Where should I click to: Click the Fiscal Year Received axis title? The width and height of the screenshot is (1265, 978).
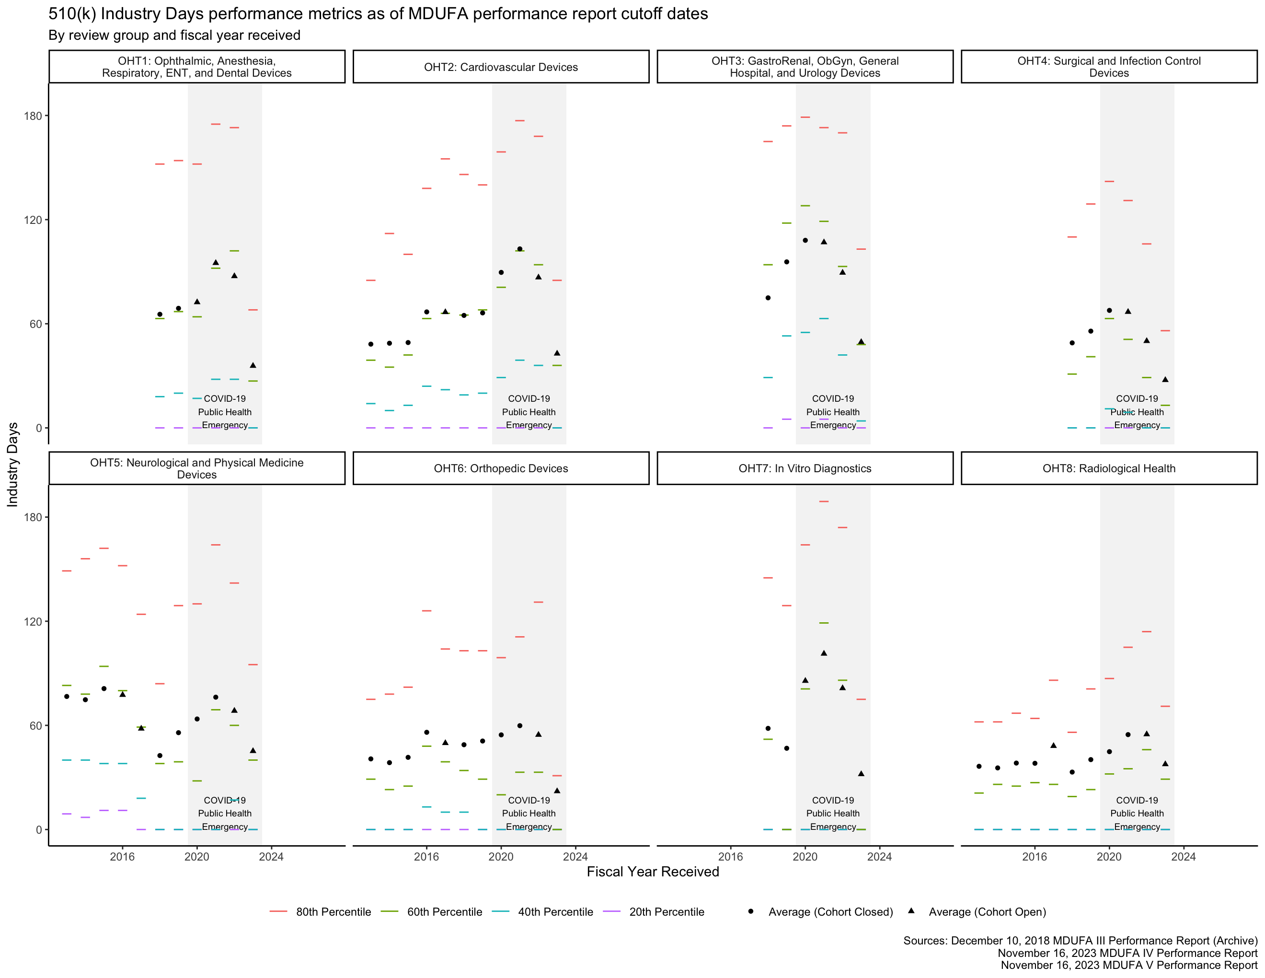pyautogui.click(x=653, y=872)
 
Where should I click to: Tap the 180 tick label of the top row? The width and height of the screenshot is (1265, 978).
pyautogui.click(x=33, y=116)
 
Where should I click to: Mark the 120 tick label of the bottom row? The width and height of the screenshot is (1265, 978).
pyautogui.click(x=33, y=621)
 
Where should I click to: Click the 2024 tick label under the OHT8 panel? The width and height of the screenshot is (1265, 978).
pyautogui.click(x=1184, y=856)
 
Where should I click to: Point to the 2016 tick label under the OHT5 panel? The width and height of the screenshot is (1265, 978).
pyautogui.click(x=122, y=856)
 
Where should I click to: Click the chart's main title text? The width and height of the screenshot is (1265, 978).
pyautogui.click(x=378, y=14)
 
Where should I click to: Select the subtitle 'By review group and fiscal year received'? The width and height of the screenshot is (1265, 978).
pyautogui.click(x=174, y=35)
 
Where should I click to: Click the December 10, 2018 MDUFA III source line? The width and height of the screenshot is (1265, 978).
pyautogui.click(x=1080, y=940)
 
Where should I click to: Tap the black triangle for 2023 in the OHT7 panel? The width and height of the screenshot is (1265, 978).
pyautogui.click(x=861, y=773)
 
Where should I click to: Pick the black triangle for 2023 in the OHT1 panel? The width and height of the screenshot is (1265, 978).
pyautogui.click(x=253, y=365)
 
